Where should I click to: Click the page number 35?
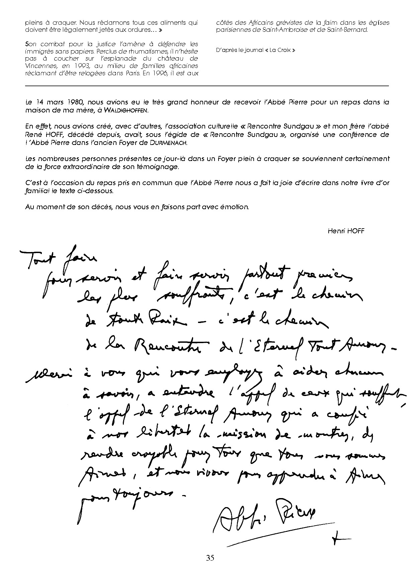210,557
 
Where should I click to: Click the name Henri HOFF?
346,231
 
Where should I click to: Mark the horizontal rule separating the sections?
207,86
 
